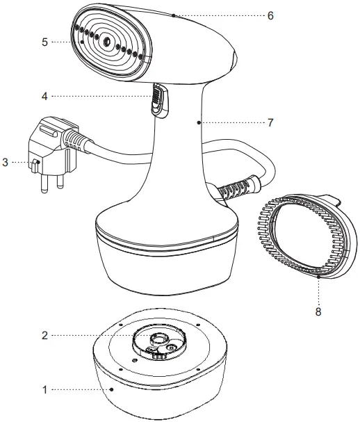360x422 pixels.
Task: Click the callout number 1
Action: (x=44, y=390)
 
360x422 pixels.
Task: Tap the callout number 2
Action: (x=44, y=335)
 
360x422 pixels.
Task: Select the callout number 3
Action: (x=6, y=162)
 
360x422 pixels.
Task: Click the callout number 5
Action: (x=44, y=42)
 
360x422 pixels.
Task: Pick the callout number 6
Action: (x=270, y=15)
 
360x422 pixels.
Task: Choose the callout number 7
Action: (x=270, y=122)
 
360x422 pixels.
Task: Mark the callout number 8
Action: (x=318, y=312)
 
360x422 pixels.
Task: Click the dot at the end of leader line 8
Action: (x=318, y=276)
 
